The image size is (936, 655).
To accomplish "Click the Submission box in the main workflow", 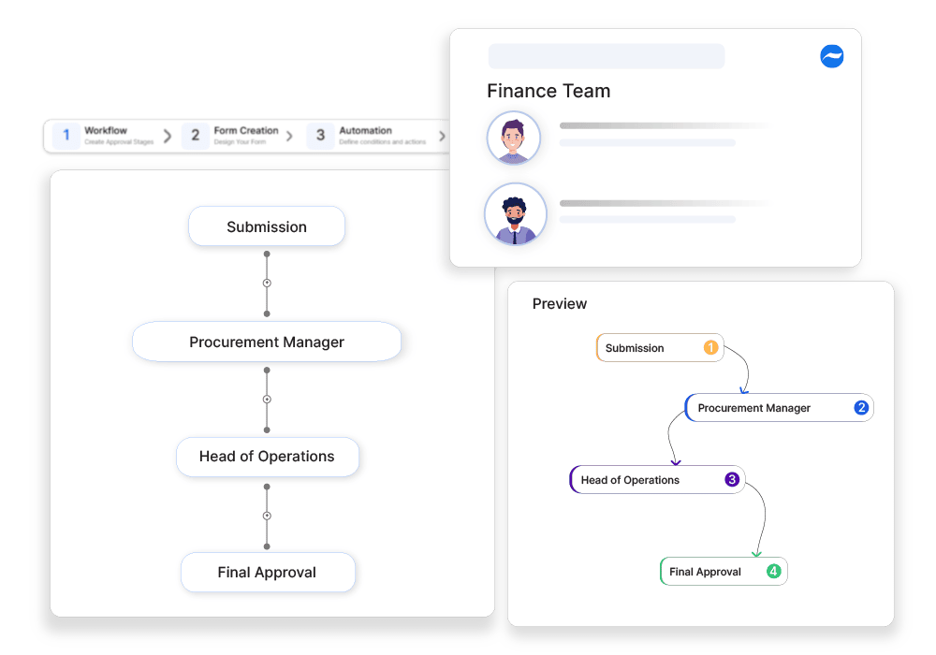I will (x=267, y=226).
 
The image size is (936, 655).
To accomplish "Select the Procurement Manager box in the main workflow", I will (x=267, y=342).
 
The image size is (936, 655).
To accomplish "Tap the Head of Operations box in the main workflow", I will (x=267, y=457).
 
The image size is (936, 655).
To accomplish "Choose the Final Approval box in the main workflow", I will (x=267, y=572).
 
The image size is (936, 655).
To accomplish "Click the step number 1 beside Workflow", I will (x=66, y=136).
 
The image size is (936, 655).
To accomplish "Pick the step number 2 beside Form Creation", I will (x=195, y=136).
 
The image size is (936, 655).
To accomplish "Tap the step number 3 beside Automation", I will (x=320, y=136).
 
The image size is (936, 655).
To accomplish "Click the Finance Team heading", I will (x=548, y=91).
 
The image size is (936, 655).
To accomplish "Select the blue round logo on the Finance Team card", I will (x=831, y=56).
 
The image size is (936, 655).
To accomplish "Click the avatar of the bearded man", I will (x=515, y=214).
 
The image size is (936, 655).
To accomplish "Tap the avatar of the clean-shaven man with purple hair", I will (x=513, y=138).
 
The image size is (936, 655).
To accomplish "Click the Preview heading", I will (x=560, y=304).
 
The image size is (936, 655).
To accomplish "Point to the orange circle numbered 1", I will (x=710, y=348).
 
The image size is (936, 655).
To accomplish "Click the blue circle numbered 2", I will (x=861, y=408).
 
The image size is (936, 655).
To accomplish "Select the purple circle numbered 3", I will (x=732, y=480).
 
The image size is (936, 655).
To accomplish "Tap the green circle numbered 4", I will (x=773, y=572).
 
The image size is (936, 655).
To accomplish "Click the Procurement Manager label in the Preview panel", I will (x=753, y=408).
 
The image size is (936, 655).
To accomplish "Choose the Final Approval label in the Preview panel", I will (x=705, y=572).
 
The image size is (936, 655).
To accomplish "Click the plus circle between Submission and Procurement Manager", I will (x=267, y=283).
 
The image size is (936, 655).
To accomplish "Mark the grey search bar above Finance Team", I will (x=606, y=56).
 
